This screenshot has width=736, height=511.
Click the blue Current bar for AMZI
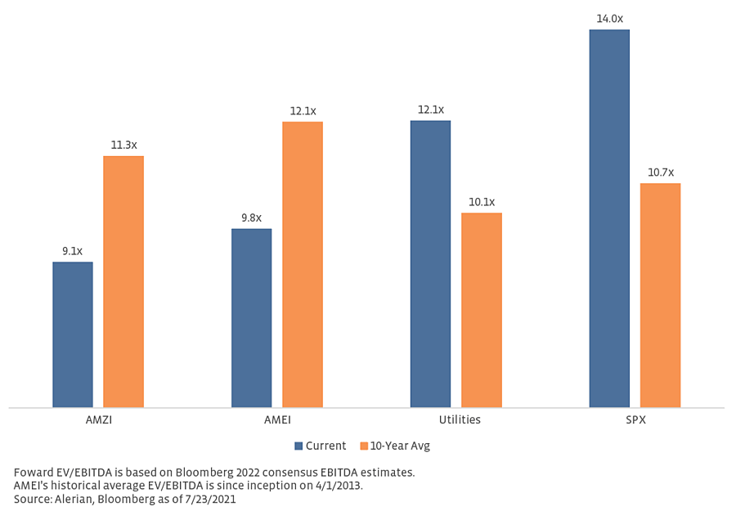(73, 334)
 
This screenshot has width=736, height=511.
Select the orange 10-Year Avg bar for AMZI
(123, 281)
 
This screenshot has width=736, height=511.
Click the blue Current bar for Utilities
(430, 263)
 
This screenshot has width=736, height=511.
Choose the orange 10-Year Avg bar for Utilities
(482, 310)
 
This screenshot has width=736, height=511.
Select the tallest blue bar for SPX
(609, 218)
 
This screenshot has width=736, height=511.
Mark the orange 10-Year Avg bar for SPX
(660, 295)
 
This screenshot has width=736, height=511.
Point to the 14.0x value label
(609, 18)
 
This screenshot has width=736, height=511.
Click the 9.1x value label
(73, 251)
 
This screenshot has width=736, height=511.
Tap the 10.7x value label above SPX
(660, 173)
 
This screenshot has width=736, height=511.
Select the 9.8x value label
(251, 217)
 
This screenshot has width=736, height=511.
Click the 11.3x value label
(123, 145)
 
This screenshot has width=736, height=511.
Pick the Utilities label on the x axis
(456, 419)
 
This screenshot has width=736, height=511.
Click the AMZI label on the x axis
(98, 419)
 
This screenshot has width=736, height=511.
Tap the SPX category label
(635, 419)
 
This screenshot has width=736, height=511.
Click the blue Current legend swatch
(298, 446)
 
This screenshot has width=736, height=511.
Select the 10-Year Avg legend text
(400, 446)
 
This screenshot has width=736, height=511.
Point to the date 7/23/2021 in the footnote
(209, 499)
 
